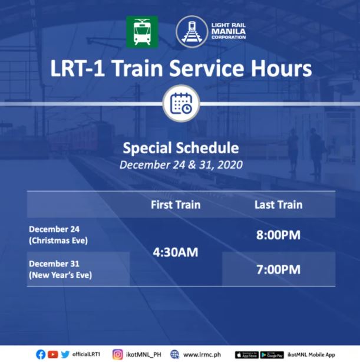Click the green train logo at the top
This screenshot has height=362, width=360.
coord(142,32)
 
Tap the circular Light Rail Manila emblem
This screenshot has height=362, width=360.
coord(191,31)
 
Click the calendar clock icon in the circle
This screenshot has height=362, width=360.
coord(180,104)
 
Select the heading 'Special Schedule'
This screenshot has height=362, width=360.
coord(180,147)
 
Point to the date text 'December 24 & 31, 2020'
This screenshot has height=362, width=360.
coord(180,164)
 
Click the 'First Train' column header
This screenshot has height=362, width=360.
coord(176,205)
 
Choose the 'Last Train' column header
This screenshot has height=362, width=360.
coord(278,205)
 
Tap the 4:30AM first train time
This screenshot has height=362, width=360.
coord(176,252)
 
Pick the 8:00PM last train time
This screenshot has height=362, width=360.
coord(278,235)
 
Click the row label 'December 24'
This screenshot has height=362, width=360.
coord(54,229)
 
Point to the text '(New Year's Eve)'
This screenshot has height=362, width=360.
coord(60,275)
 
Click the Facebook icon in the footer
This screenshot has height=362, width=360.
coord(41,354)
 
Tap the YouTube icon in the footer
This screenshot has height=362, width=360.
coord(52,354)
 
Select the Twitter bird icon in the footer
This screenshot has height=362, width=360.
coord(65,354)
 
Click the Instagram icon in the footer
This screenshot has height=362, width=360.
coord(118,354)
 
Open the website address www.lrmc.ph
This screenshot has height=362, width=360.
coord(200,355)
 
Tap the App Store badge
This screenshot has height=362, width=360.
coord(246,355)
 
